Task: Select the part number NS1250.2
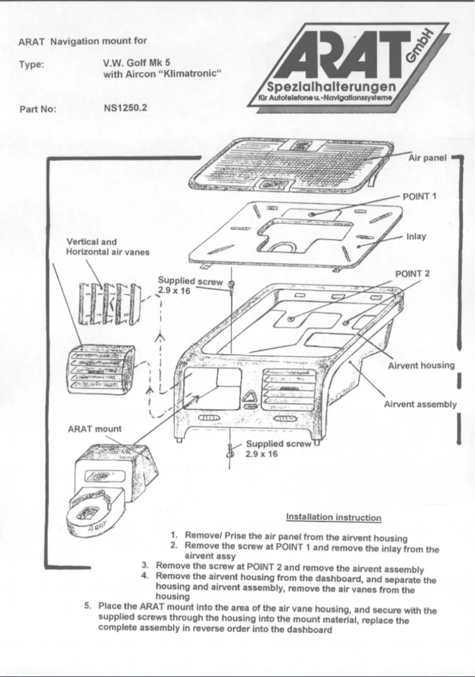126,109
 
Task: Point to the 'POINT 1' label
419,196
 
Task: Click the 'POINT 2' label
412,273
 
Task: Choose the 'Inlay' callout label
416,236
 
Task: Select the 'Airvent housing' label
421,365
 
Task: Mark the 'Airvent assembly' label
420,405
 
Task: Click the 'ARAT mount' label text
95,428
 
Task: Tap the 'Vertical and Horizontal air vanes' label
107,247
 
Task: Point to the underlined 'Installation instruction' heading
333,517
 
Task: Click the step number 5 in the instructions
88,607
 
